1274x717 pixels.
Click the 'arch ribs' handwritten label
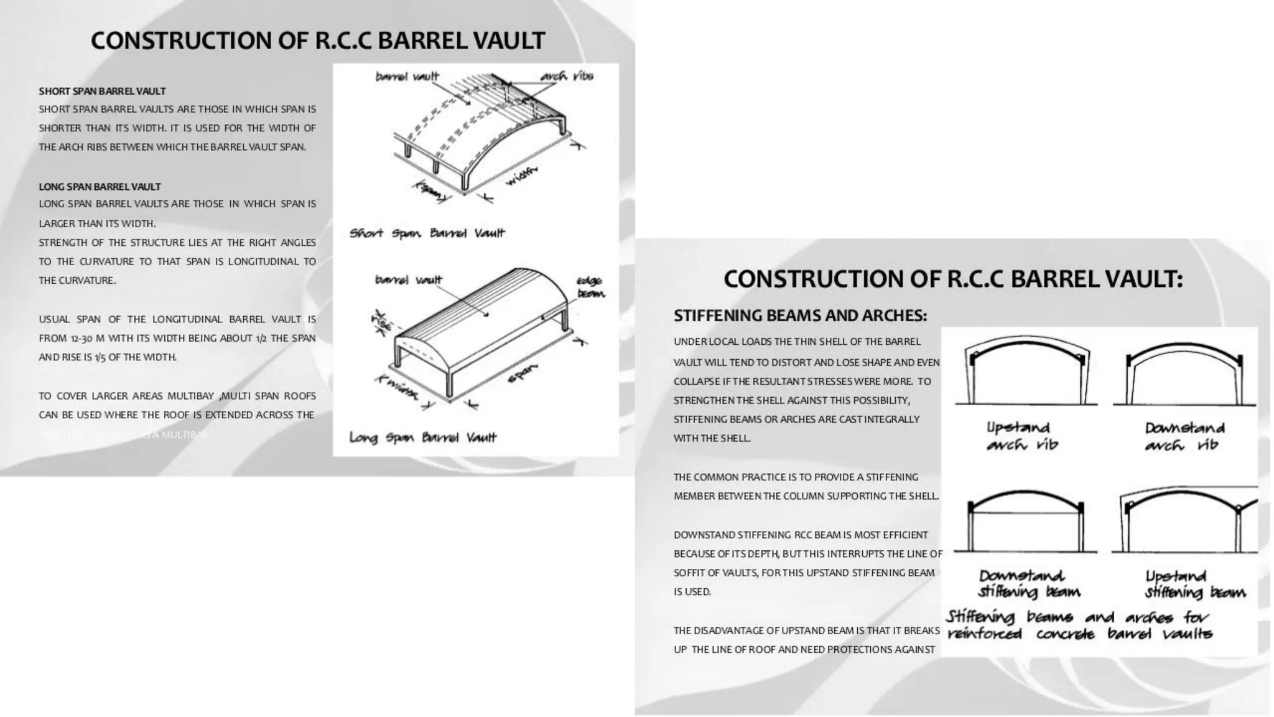[566, 77]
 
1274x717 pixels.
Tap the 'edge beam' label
[590, 287]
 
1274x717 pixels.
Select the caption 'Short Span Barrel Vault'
[427, 233]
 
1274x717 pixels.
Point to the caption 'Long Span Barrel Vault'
[423, 438]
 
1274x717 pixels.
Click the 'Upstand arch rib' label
[1021, 436]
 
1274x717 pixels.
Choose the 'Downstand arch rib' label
[1184, 436]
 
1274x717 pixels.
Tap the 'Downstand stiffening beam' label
[1029, 583]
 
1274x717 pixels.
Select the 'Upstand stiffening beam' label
[1195, 583]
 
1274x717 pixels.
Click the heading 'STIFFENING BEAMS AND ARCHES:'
[800, 316]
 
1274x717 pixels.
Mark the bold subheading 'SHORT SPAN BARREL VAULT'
[102, 91]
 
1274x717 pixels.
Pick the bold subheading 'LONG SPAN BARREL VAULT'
[100, 187]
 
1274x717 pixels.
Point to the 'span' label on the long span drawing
[522, 373]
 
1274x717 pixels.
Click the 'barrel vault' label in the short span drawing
[407, 77]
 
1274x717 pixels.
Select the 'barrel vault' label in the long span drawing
[408, 280]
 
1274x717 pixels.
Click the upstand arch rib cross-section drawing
[1026, 373]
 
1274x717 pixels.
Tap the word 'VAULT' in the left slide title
[508, 41]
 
